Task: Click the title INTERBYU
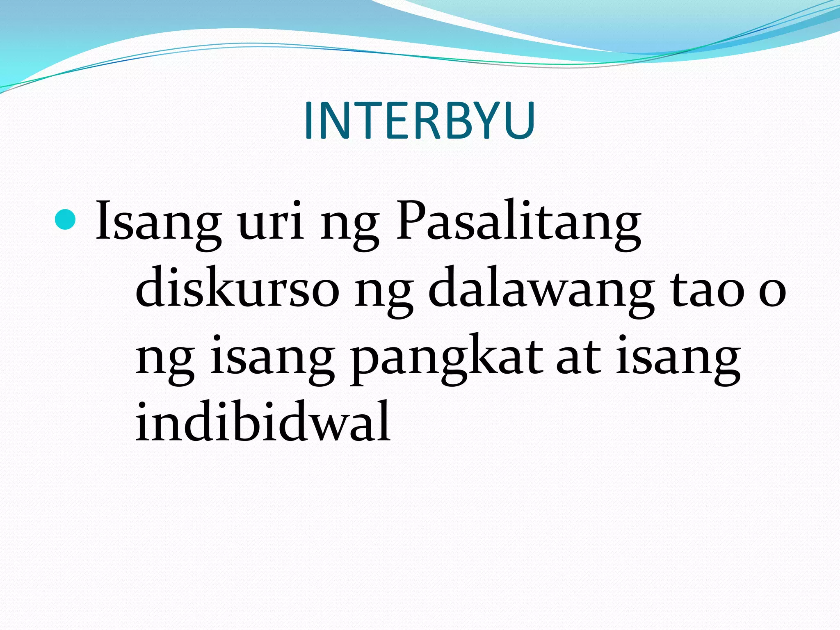coord(419,121)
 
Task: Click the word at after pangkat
coord(578,357)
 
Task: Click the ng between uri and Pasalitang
coord(349,228)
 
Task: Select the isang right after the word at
coord(678,359)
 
